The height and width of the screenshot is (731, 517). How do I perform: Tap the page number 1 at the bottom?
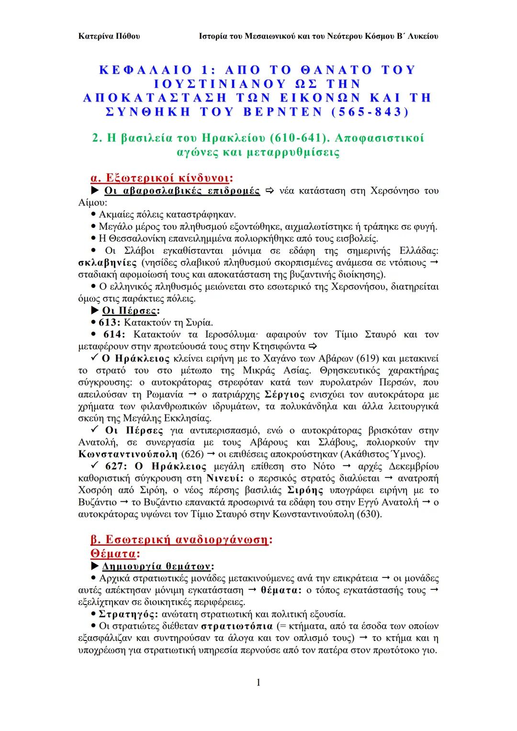point(258,682)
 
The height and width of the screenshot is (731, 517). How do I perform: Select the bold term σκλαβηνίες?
point(108,263)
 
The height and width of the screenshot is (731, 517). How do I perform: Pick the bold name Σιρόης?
point(305,490)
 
